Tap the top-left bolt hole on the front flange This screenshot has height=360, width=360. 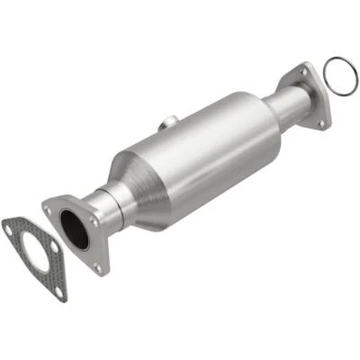coord(48,209)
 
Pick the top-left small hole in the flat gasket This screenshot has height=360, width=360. coord(8,230)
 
